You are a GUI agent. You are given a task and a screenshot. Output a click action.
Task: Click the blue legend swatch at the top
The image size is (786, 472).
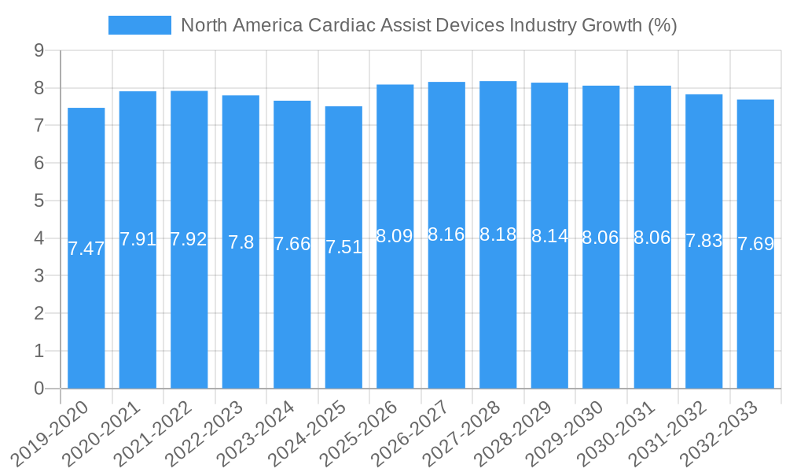point(140,25)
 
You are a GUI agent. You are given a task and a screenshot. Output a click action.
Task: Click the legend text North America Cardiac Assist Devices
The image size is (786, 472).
point(428,25)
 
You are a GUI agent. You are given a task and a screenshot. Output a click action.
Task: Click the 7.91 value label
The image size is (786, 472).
point(138,239)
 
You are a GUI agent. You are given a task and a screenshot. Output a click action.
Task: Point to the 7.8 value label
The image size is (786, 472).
point(241,242)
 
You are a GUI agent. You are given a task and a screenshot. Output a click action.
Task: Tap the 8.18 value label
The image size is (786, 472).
point(498,234)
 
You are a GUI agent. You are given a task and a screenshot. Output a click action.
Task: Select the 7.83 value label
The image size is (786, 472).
point(704,242)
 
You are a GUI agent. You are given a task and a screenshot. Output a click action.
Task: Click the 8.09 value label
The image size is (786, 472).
point(395,236)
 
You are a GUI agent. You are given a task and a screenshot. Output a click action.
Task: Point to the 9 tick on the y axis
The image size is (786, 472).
point(39,51)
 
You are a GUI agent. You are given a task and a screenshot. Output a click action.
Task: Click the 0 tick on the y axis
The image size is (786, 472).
point(39,389)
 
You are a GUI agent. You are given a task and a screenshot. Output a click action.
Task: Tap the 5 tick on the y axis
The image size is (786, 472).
point(39,201)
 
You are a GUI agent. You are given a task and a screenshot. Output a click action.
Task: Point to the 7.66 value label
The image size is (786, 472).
point(292,244)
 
